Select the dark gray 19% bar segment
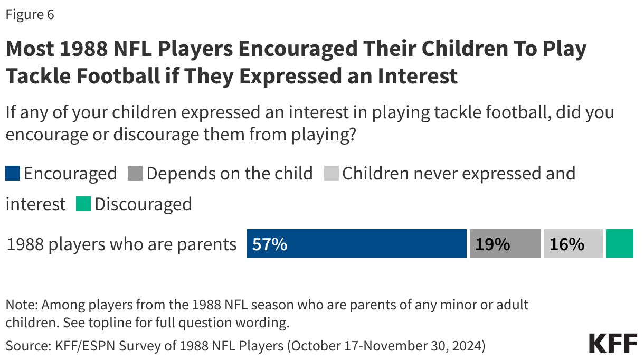coord(505,243)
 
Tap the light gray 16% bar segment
coord(573,243)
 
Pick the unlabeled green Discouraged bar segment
coord(619,243)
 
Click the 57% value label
coord(270,244)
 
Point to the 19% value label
coord(493,244)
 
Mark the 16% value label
coord(567,244)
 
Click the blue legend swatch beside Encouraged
coord(13,174)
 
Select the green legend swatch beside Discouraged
coord(83,204)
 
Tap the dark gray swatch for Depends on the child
coord(135,174)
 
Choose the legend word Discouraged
coord(143,204)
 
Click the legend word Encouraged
coord(70,173)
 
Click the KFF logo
coord(613,343)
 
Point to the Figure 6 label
coord(30,15)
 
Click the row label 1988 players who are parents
coord(121,244)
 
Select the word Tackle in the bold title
coord(37,76)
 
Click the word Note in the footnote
coord(21,305)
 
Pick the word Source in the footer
coord(25,346)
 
